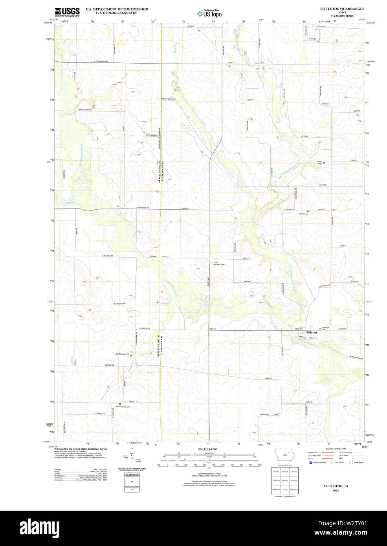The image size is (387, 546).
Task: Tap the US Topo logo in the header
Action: (210, 13)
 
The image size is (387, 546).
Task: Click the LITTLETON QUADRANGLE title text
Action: (342, 9)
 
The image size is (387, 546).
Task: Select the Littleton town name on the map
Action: (311, 332)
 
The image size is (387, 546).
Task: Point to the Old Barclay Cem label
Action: (122, 354)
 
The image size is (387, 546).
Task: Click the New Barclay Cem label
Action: (123, 407)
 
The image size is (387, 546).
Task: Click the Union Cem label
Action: (319, 162)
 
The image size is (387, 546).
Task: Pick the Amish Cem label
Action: (303, 214)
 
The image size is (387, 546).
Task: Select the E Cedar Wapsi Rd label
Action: (101, 62)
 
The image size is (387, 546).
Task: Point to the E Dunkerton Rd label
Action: (142, 208)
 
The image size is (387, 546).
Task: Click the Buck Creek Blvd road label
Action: (169, 99)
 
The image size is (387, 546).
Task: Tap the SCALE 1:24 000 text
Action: (207, 449)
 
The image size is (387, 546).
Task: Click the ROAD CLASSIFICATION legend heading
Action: (336, 449)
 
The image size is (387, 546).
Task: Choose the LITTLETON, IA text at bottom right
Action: (336, 486)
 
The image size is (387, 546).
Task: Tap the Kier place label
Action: (358, 115)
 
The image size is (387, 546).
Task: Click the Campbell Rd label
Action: (99, 414)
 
